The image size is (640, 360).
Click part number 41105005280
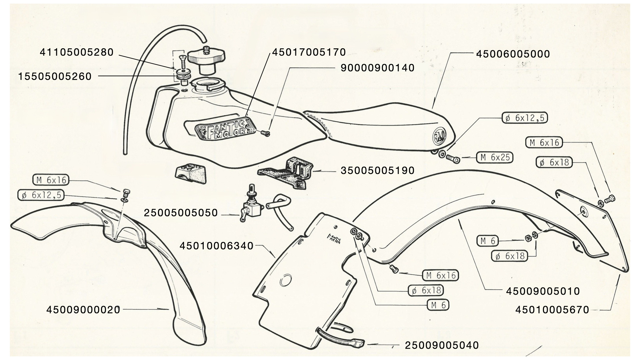click(x=77, y=52)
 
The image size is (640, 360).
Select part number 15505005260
click(x=55, y=76)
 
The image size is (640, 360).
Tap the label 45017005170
click(x=309, y=52)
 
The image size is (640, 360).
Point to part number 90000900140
click(x=377, y=68)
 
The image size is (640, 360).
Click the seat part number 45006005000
click(x=513, y=54)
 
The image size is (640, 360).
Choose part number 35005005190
click(x=377, y=170)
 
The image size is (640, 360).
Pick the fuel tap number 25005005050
click(x=181, y=213)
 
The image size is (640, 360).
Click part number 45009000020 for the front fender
click(x=83, y=310)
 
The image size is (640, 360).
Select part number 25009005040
click(x=442, y=345)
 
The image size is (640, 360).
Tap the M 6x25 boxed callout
click(x=495, y=157)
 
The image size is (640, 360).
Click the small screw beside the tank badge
click(x=265, y=134)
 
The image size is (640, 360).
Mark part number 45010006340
click(x=216, y=246)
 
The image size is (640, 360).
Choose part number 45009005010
click(x=543, y=291)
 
